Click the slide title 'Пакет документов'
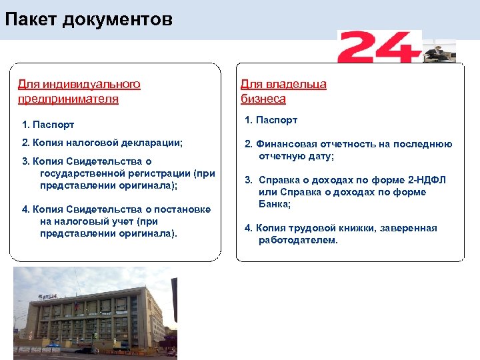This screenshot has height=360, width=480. [x=89, y=19]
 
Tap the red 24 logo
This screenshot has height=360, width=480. [x=379, y=47]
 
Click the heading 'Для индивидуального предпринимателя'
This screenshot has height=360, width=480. [x=79, y=92]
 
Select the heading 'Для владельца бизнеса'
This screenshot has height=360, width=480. [x=283, y=92]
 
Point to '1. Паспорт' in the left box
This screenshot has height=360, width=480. [x=48, y=125]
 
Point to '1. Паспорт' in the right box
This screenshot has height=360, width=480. [x=271, y=120]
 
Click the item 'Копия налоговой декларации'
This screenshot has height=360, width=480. [x=103, y=143]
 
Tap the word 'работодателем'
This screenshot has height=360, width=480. [x=298, y=240]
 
